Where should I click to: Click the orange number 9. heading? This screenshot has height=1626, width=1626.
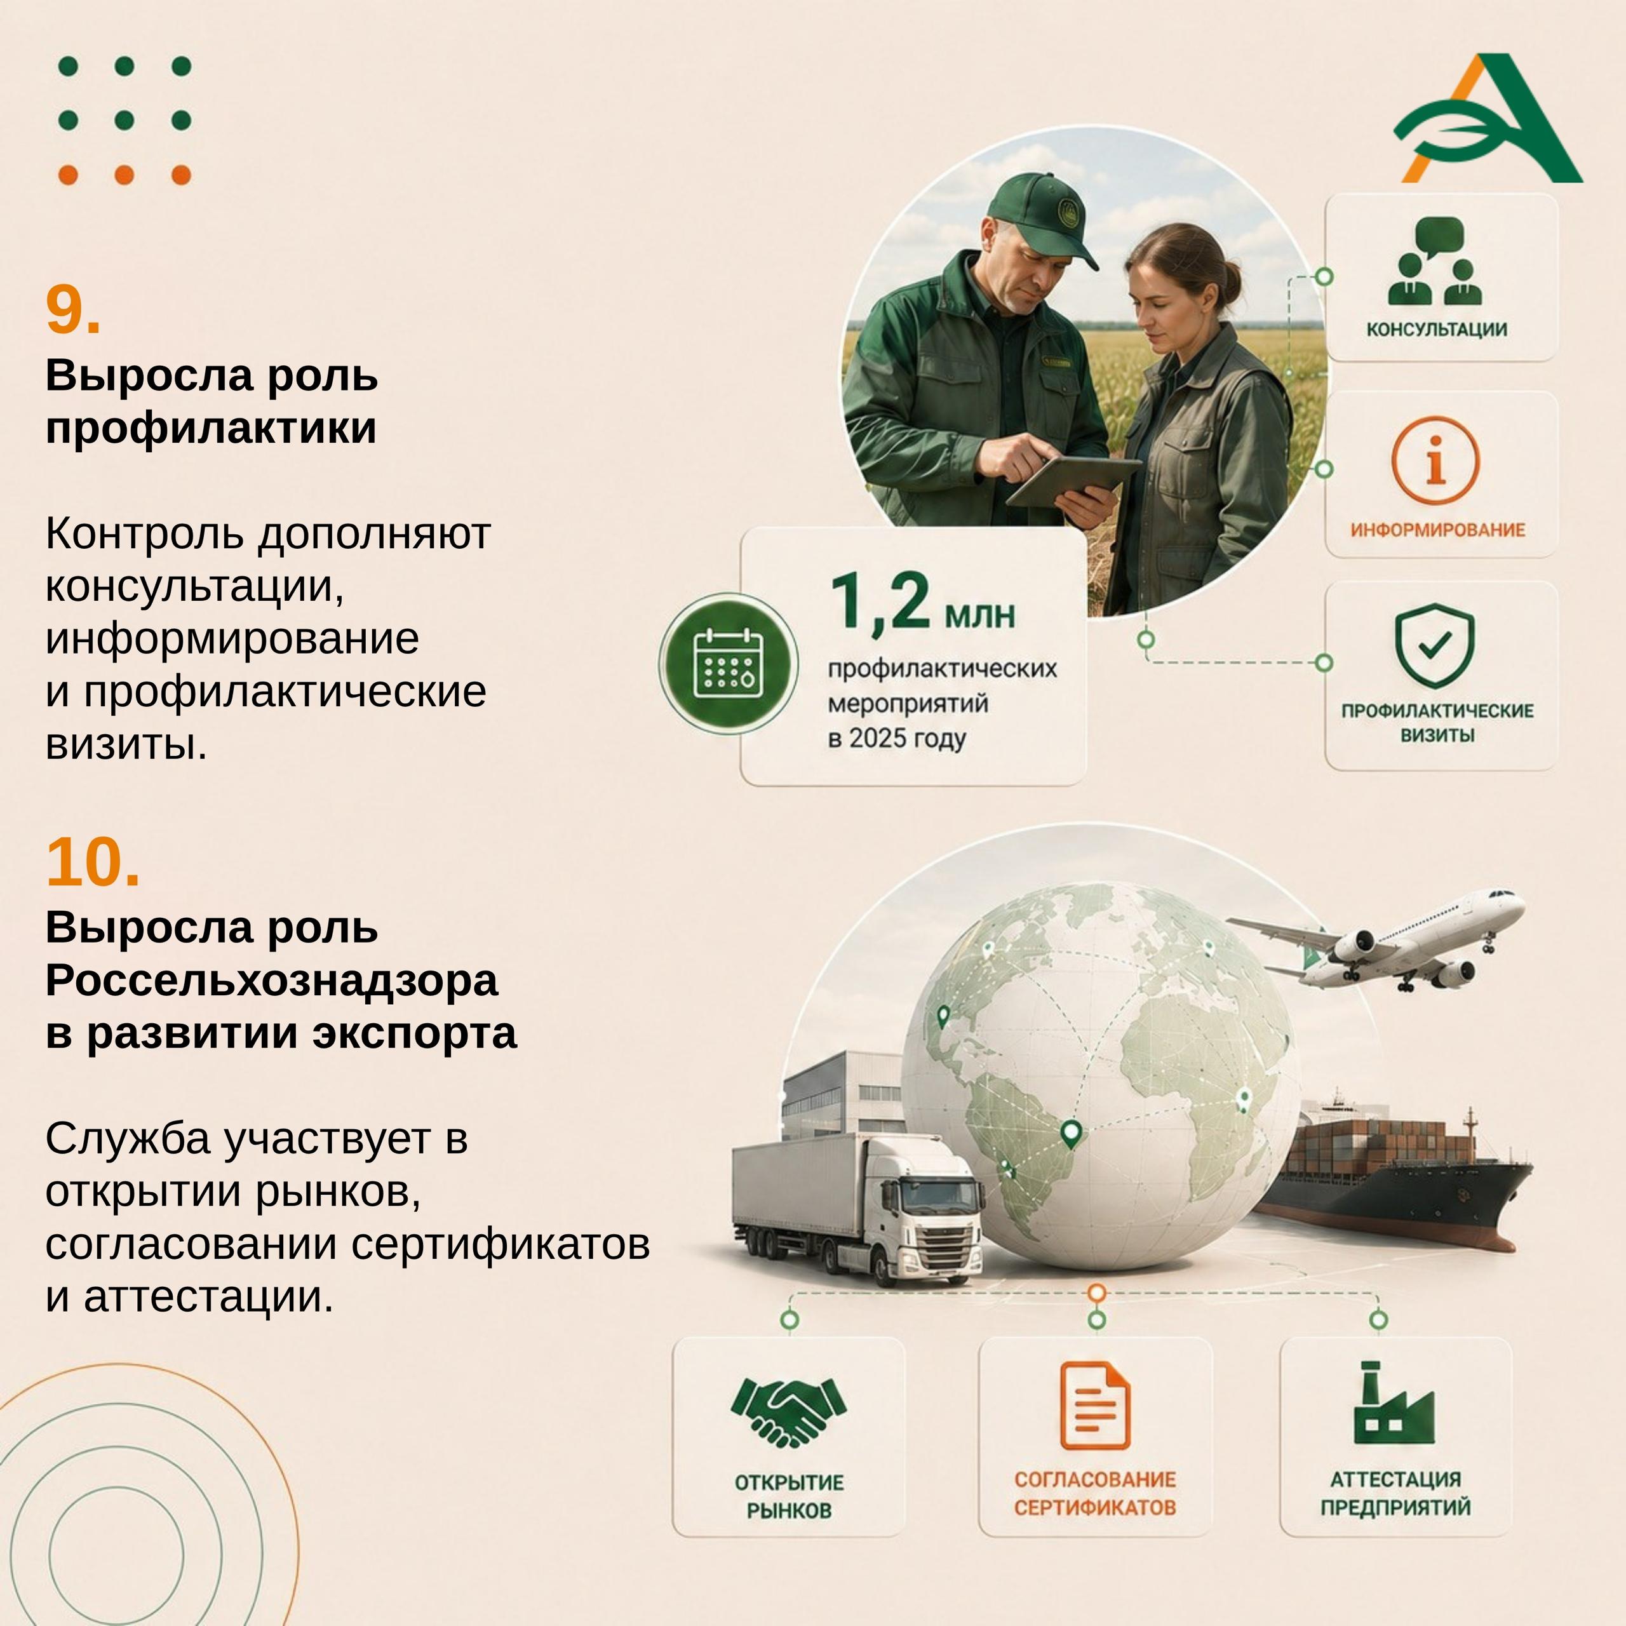(73, 310)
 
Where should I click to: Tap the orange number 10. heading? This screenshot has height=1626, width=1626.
(93, 862)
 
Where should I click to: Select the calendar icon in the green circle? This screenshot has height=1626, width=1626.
(728, 663)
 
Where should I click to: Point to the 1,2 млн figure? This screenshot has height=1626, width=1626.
(922, 601)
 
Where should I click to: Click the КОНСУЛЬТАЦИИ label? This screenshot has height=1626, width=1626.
(1437, 329)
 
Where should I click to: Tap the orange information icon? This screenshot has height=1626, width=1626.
(1436, 461)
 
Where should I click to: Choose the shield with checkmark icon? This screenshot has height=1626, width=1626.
(1435, 645)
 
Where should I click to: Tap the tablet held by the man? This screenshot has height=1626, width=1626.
(1075, 482)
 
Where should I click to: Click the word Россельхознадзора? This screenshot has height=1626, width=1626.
(272, 981)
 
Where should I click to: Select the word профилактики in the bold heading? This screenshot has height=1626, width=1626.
(212, 428)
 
